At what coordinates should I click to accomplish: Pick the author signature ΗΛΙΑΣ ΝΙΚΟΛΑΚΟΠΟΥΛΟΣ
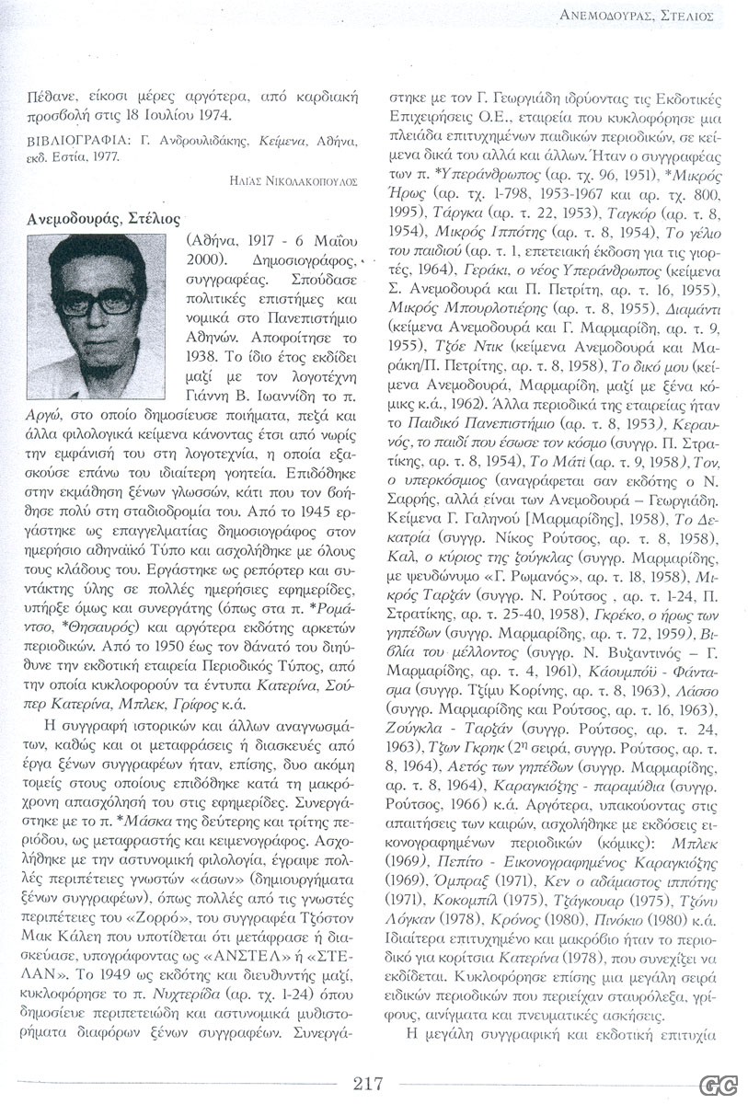[293, 181]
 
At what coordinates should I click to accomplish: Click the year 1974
[211, 115]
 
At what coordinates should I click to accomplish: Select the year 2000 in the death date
[200, 262]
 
